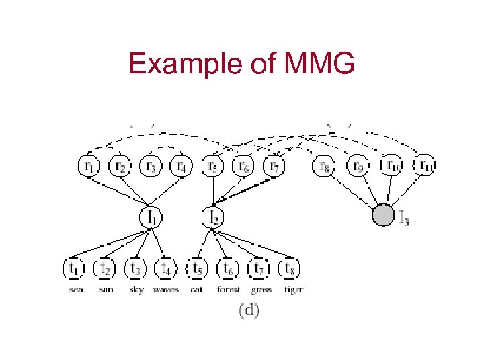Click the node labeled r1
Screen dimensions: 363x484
coord(89,165)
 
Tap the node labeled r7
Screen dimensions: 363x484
coord(274,165)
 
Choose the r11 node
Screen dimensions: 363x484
coord(424,165)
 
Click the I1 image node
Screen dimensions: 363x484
coord(151,217)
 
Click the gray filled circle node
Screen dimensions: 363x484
coord(382,216)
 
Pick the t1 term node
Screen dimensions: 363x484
coord(74,269)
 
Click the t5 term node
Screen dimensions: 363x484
coord(197,269)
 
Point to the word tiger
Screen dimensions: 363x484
coord(293,290)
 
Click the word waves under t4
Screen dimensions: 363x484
coord(165,290)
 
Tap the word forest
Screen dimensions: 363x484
coord(228,290)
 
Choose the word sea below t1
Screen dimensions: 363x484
coord(76,290)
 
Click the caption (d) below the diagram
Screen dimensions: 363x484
coord(249,311)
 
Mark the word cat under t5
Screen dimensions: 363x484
coord(196,290)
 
